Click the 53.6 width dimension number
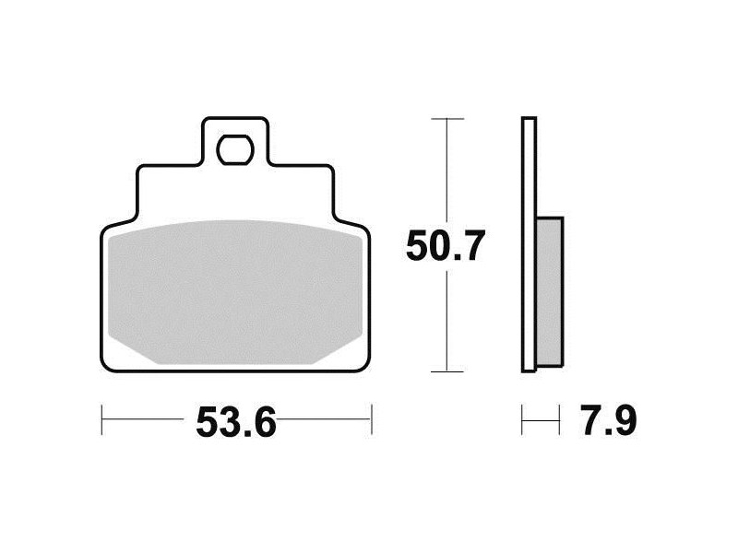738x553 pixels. pyautogui.click(x=236, y=422)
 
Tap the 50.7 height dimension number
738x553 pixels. pyautogui.click(x=446, y=246)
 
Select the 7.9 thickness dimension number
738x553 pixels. pyautogui.click(x=609, y=420)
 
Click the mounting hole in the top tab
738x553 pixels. pyautogui.click(x=235, y=149)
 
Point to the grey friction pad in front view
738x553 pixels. pyautogui.click(x=235, y=292)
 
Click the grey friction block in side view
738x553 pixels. pyautogui.click(x=549, y=291)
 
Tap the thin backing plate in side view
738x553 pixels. pyautogui.click(x=529, y=244)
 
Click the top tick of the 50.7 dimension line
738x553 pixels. pyautogui.click(x=447, y=119)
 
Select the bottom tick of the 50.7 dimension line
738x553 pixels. pyautogui.click(x=447, y=371)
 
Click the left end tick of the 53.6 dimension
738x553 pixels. pyautogui.click(x=101, y=418)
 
